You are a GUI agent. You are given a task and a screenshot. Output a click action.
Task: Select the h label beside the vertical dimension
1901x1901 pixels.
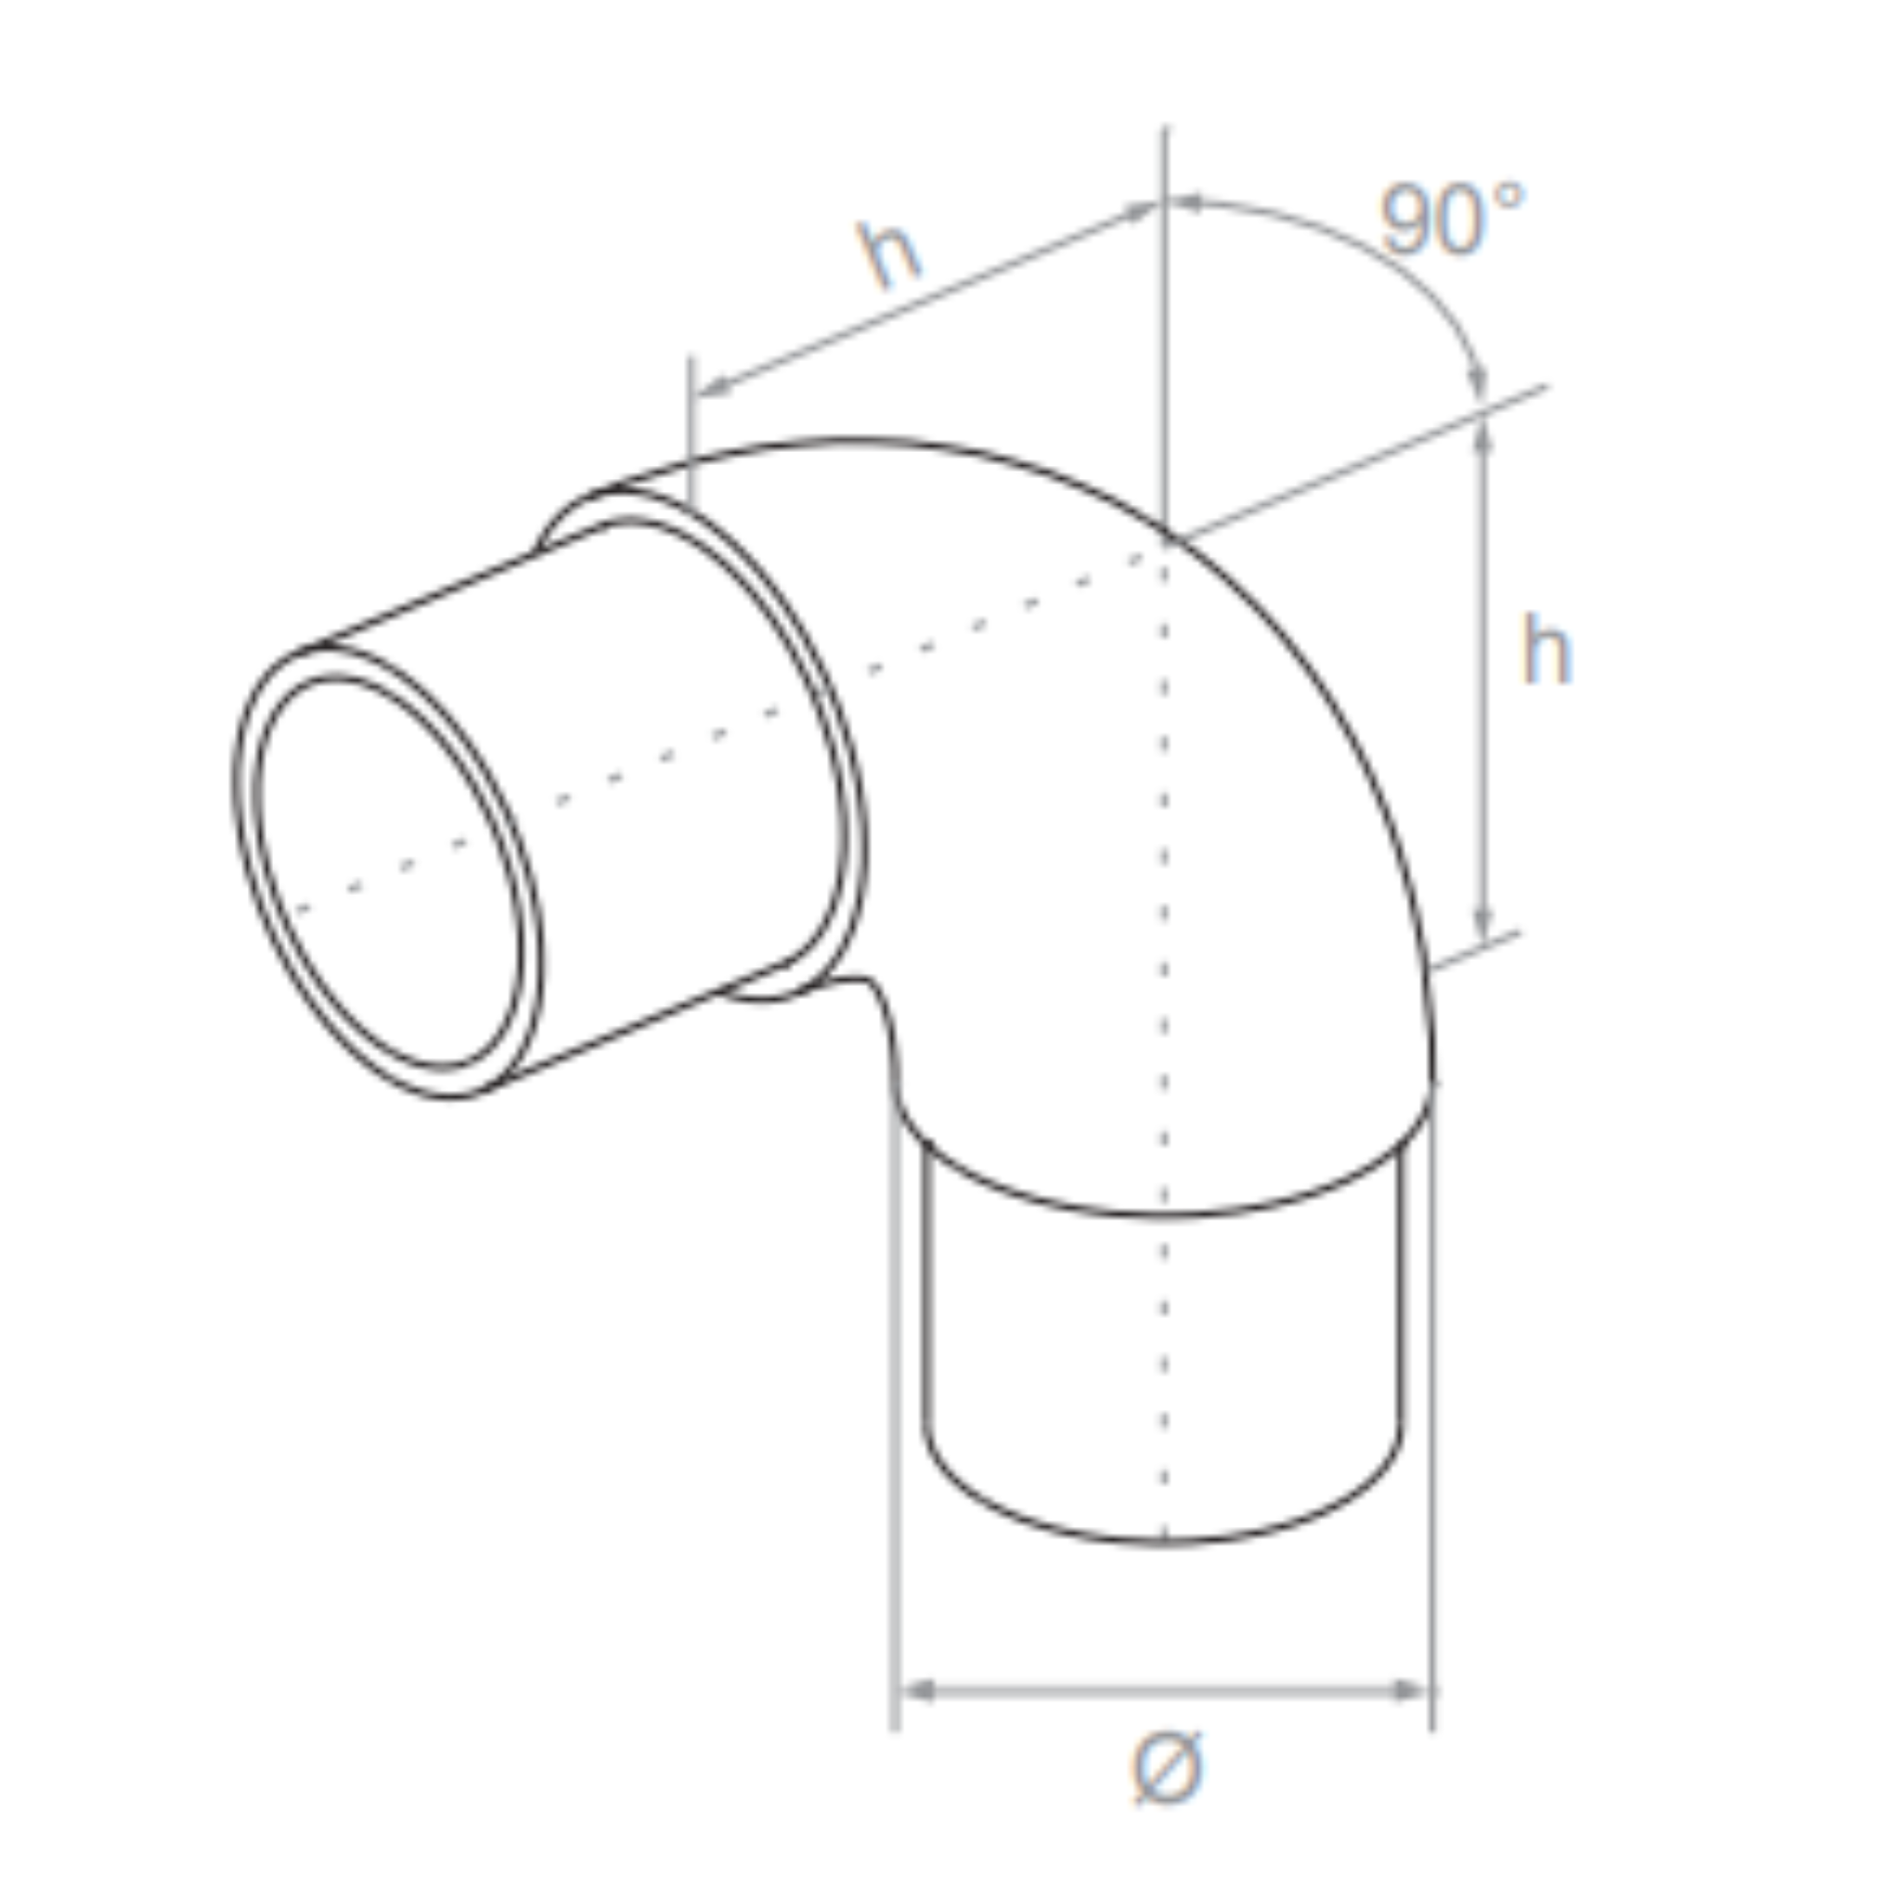pos(1545,651)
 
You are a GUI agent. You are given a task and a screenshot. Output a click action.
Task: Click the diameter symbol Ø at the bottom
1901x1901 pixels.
pos(1166,1768)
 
